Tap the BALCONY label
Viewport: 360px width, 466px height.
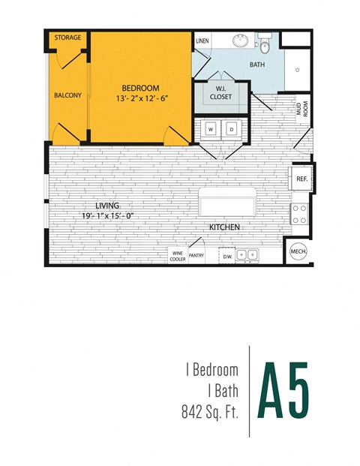tap(67, 95)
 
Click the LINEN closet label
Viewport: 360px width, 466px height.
tap(202, 41)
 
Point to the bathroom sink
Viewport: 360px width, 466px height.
tap(241, 40)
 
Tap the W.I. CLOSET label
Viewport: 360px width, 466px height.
tap(220, 93)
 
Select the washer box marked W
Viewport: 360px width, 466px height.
tap(211, 129)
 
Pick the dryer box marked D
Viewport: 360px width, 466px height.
tap(232, 129)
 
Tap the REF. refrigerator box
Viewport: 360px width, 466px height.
tap(301, 179)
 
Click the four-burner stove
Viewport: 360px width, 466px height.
tap(300, 215)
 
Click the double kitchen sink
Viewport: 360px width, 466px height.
tap(247, 255)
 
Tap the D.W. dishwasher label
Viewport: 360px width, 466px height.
tap(227, 257)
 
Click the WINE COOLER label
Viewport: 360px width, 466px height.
tap(178, 256)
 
